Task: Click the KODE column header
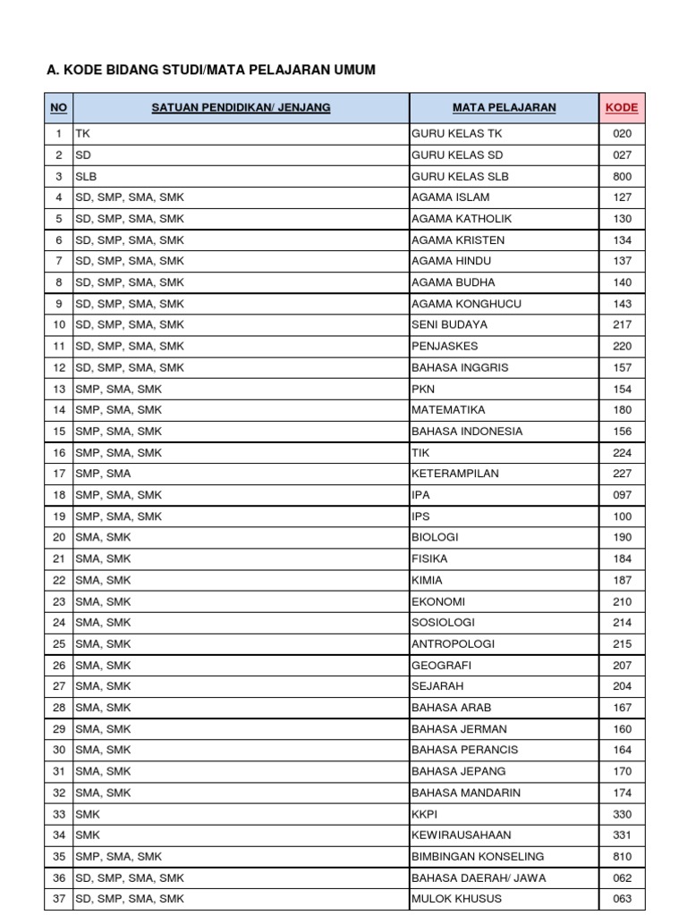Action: (622, 108)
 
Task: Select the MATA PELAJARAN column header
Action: (504, 108)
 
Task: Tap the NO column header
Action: (58, 108)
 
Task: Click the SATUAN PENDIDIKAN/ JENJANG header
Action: (241, 108)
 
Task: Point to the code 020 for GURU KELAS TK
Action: (623, 134)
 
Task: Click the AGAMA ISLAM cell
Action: (450, 197)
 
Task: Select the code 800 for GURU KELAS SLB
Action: (623, 176)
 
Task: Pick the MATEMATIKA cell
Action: (448, 410)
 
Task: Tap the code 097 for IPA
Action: (623, 495)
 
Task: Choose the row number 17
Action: (59, 474)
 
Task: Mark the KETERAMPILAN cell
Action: (455, 474)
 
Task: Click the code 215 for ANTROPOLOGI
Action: (623, 644)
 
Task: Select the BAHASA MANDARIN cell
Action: (465, 793)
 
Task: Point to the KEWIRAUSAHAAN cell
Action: (462, 835)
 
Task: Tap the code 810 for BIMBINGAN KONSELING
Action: (623, 856)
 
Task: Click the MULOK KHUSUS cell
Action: (456, 899)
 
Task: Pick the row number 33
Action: (59, 814)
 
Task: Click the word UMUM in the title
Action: (352, 70)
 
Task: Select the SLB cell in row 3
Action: (86, 176)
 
